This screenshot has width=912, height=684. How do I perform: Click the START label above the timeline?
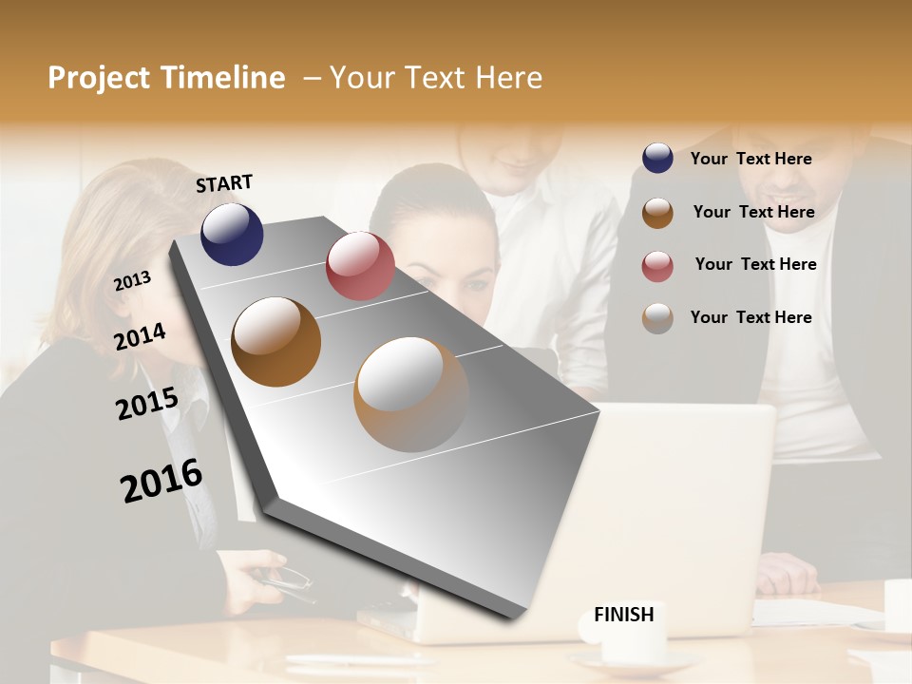tap(224, 183)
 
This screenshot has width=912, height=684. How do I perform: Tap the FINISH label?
tap(623, 615)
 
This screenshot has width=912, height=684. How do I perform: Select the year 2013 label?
tap(133, 280)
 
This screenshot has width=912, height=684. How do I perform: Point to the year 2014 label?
tap(141, 336)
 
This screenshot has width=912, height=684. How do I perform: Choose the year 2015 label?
tap(147, 403)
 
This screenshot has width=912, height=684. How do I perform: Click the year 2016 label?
tap(161, 481)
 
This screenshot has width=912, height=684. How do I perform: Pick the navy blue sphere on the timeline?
tap(232, 234)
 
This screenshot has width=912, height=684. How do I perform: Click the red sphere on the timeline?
tap(360, 266)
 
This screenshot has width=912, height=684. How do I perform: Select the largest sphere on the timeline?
tap(411, 394)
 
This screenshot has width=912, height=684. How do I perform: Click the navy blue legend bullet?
tap(657, 159)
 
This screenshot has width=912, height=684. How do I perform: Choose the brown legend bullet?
tap(657, 212)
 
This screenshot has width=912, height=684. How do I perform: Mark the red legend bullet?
tap(657, 265)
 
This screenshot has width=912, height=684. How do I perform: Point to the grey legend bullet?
tap(657, 317)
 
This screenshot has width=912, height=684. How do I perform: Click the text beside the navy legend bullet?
tap(750, 159)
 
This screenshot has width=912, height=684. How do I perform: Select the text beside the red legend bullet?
tap(755, 264)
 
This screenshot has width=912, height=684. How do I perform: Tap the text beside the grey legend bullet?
tap(750, 317)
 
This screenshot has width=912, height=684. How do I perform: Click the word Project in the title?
tap(100, 78)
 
